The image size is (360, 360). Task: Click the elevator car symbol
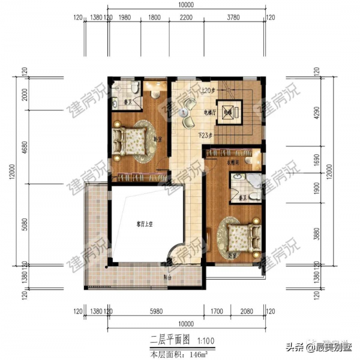[229, 112]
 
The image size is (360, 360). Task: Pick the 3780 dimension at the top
[234, 17]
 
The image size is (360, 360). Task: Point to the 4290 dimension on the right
[317, 112]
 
